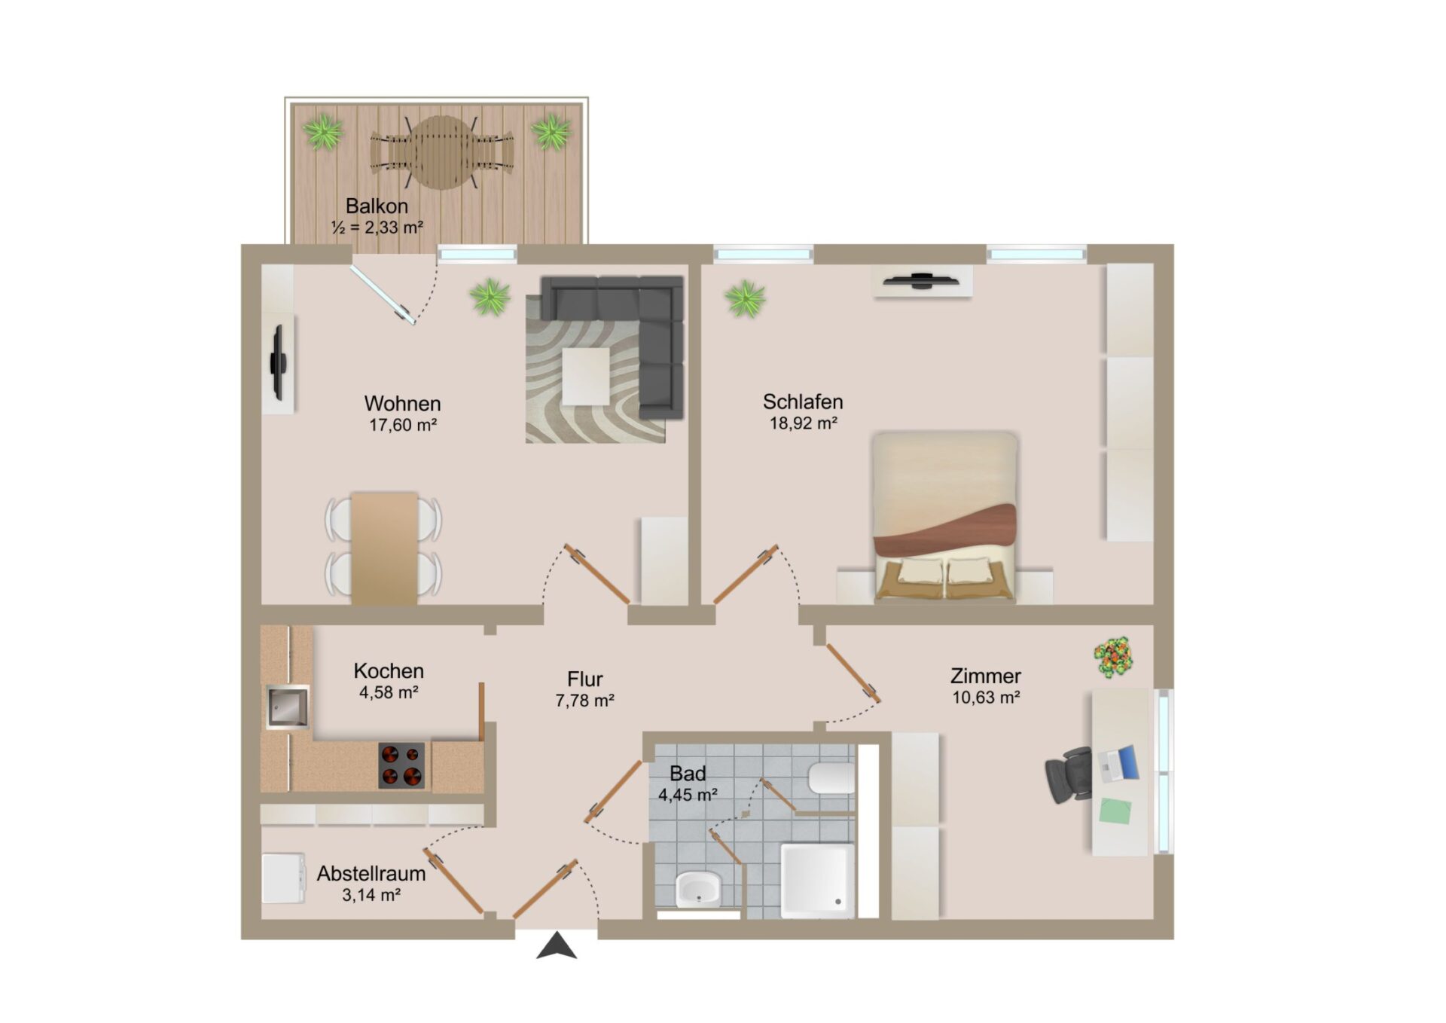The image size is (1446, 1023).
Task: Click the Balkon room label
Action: pos(377,206)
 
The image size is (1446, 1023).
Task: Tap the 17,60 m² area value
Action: pos(403,425)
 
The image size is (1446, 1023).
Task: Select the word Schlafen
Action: pos(803,402)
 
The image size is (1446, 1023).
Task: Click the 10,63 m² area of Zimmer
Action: pos(986,698)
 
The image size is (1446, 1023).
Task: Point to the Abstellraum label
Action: pos(371,874)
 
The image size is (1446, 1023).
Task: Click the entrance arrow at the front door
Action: pos(557,945)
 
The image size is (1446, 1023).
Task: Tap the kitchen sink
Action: pos(288,707)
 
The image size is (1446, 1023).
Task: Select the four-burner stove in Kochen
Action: pos(401,765)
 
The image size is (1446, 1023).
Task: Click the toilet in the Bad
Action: pos(831,778)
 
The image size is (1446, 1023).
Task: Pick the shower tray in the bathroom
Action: pos(817,881)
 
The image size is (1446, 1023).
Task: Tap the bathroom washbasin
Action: pos(698,889)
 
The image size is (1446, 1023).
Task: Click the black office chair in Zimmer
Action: pos(1069,774)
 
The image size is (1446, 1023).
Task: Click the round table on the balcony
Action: pos(442,152)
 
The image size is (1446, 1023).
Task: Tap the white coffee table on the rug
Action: pos(585,376)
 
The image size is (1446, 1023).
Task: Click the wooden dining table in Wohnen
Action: pos(384,548)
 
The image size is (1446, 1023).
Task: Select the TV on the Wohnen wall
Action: pos(278,363)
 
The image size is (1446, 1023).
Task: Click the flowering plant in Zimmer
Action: pos(1113,657)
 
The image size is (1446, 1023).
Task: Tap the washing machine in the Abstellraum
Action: pos(283,878)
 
